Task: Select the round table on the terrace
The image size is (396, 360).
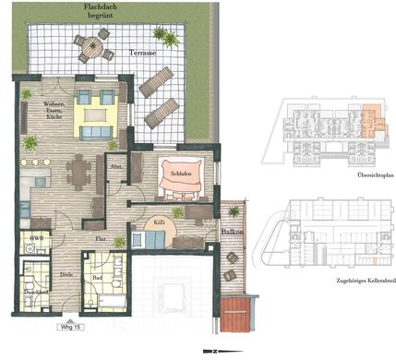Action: click(x=93, y=45)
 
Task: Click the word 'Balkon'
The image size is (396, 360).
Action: click(x=231, y=234)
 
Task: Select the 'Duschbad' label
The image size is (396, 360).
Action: click(x=36, y=294)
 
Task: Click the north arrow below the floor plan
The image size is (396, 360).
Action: click(x=214, y=351)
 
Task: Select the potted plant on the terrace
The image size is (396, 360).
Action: click(x=166, y=37)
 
